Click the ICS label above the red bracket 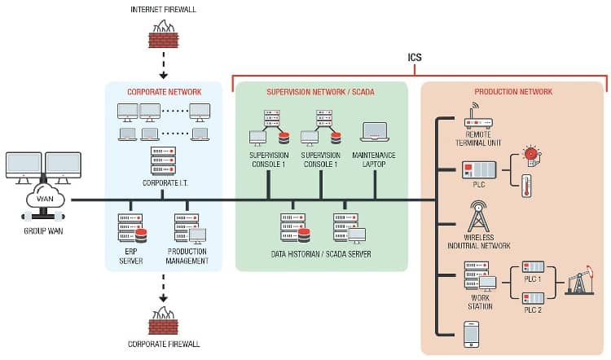[x=415, y=58]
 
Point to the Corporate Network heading [x=164, y=92]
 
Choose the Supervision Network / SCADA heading [x=320, y=92]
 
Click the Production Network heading [x=513, y=92]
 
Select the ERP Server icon [x=132, y=228]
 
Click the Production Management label [x=188, y=257]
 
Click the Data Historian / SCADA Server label [x=322, y=254]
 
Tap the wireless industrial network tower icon [x=477, y=217]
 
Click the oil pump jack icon [x=582, y=283]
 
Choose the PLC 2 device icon [x=532, y=297]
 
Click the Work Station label [x=480, y=302]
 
